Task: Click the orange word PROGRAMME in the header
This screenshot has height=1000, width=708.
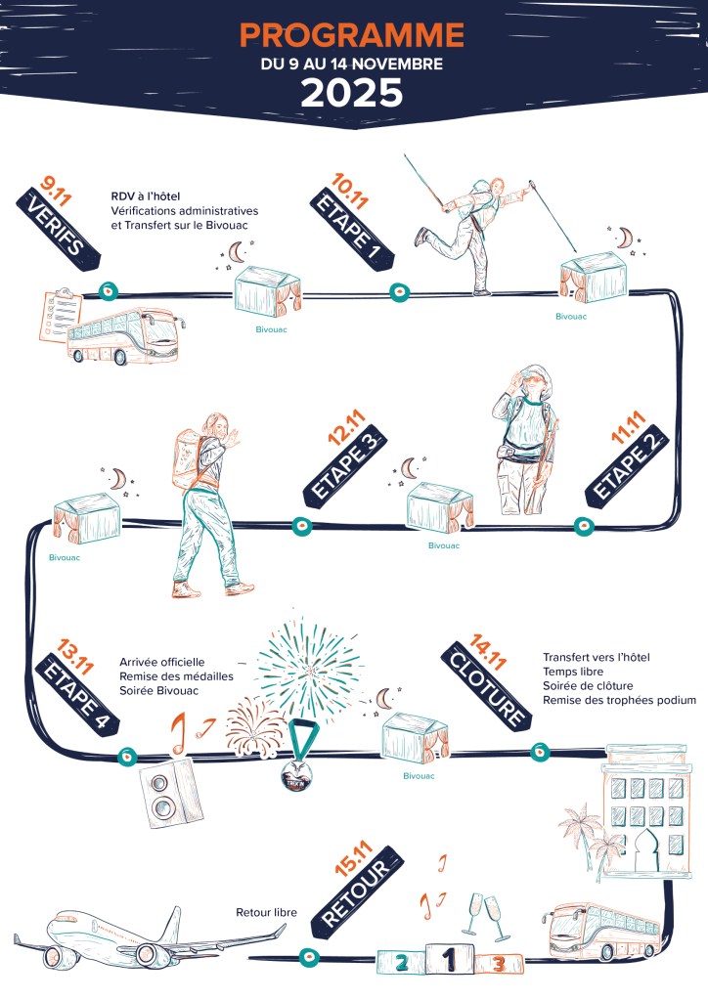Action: tap(351, 36)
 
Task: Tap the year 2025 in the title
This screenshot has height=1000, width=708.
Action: tap(351, 93)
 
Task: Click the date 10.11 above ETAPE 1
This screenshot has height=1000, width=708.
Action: tap(350, 191)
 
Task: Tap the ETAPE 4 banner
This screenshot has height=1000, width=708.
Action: tap(77, 696)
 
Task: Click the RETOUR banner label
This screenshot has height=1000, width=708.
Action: tap(357, 892)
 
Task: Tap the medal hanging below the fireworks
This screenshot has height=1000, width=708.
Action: tap(297, 755)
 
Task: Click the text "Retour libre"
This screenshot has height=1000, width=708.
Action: tap(266, 913)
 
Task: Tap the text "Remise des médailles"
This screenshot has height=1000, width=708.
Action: tap(176, 676)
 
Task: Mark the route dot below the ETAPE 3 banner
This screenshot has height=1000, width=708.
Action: tap(302, 526)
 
